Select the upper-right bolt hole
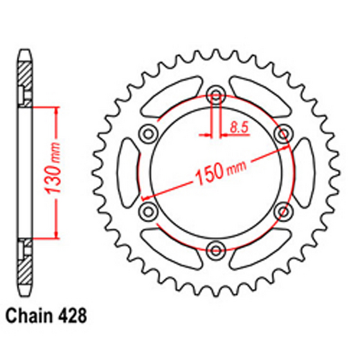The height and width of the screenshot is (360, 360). tap(283, 132)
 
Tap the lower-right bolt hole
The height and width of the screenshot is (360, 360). tap(283, 210)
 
